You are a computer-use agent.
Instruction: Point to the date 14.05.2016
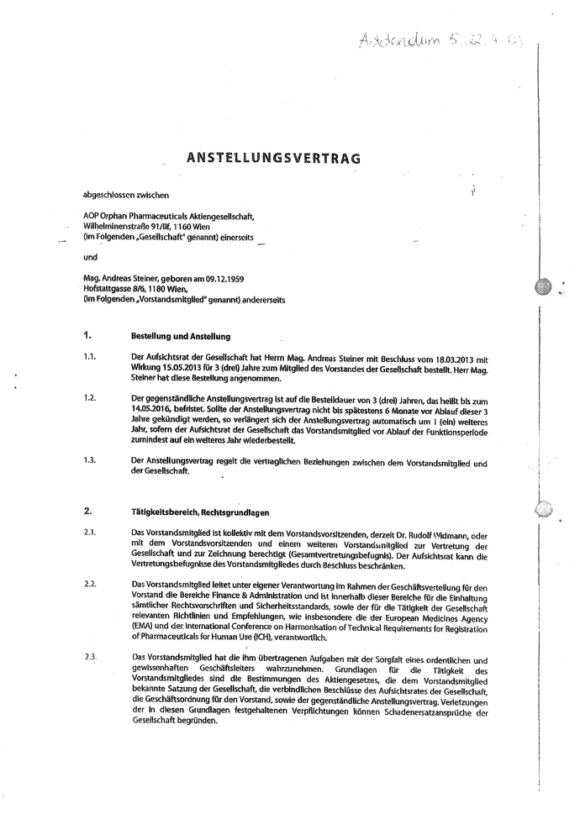click(x=154, y=407)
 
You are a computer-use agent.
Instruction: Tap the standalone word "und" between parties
click(x=90, y=258)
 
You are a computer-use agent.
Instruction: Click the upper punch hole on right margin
click(x=544, y=286)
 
